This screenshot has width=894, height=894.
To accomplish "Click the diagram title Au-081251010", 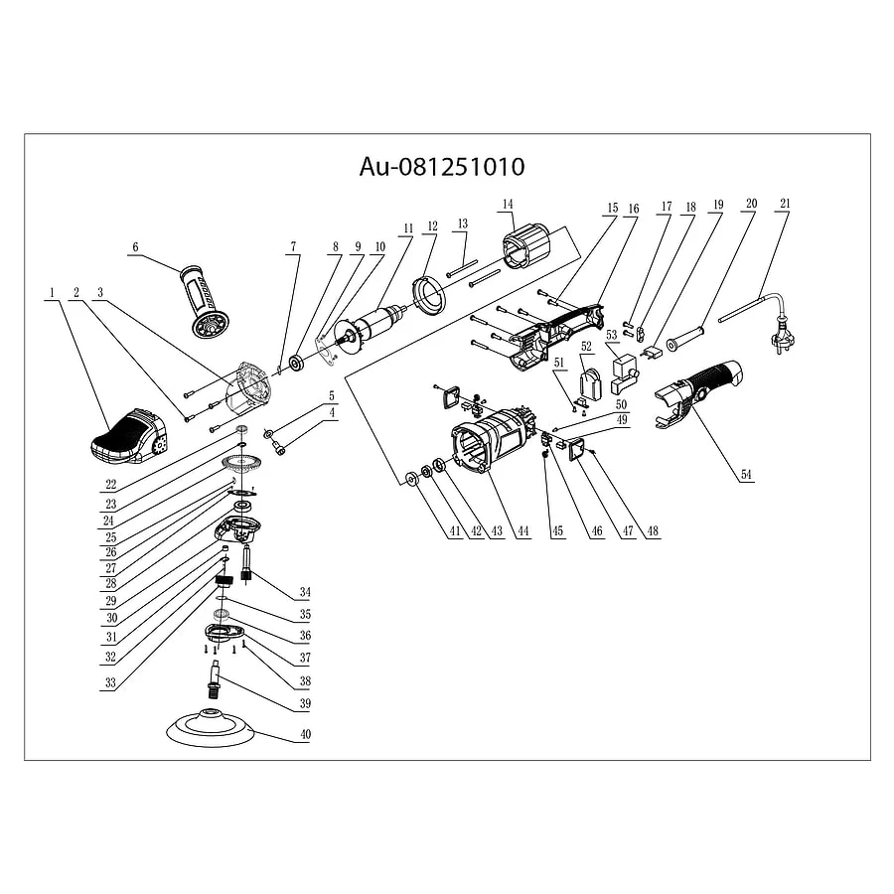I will (442, 166).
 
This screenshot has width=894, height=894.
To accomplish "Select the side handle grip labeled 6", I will (204, 302).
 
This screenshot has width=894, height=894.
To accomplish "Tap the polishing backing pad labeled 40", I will (213, 728).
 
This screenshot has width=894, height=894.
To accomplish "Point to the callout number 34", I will (305, 594).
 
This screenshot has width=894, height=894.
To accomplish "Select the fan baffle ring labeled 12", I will (428, 296).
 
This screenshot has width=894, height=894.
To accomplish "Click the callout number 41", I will (455, 532).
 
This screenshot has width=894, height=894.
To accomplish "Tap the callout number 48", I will (653, 532).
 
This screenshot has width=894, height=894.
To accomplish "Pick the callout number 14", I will (508, 204).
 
